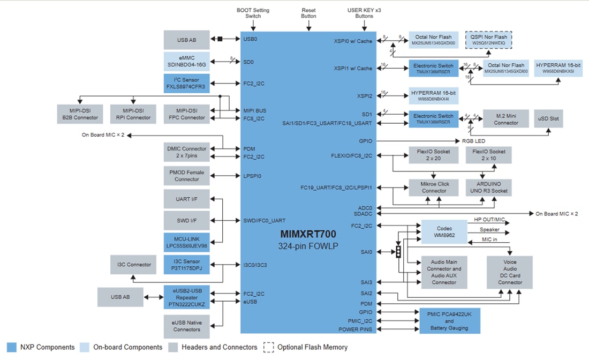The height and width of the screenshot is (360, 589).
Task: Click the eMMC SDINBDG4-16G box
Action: click(x=187, y=62)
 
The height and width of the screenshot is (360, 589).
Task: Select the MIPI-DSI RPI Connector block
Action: click(x=134, y=114)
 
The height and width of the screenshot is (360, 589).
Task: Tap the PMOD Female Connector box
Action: click(x=187, y=176)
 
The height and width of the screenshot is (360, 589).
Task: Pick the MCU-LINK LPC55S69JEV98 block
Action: click(x=187, y=243)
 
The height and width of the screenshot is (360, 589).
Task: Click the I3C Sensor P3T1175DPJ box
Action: click(x=187, y=265)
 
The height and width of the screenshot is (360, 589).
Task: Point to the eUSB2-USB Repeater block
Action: click(x=187, y=297)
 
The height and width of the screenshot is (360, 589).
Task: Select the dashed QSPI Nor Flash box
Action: click(x=488, y=40)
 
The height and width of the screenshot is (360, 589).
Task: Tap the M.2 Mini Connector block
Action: click(x=506, y=119)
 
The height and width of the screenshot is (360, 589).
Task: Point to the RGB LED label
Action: click(x=473, y=141)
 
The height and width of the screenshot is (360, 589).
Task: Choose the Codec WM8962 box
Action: click(x=444, y=231)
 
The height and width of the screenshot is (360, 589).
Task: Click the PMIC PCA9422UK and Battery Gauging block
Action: click(x=449, y=320)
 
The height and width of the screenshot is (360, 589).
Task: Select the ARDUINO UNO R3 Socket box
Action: click(x=488, y=187)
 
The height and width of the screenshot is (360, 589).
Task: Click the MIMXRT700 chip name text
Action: click(x=308, y=234)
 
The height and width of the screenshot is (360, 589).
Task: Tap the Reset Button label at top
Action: click(x=308, y=13)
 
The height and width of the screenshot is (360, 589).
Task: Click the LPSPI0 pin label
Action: click(x=252, y=176)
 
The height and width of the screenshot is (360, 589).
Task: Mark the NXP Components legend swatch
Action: click(x=11, y=347)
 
